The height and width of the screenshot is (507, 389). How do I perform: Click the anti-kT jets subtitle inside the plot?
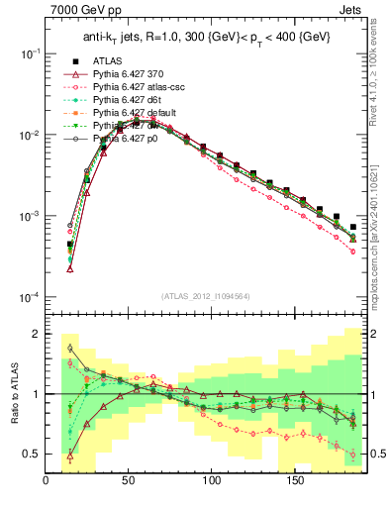tap(207, 37)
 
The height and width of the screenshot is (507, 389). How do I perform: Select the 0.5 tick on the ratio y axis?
tap(31, 454)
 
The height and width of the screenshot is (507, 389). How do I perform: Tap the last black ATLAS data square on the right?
tap(353, 227)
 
